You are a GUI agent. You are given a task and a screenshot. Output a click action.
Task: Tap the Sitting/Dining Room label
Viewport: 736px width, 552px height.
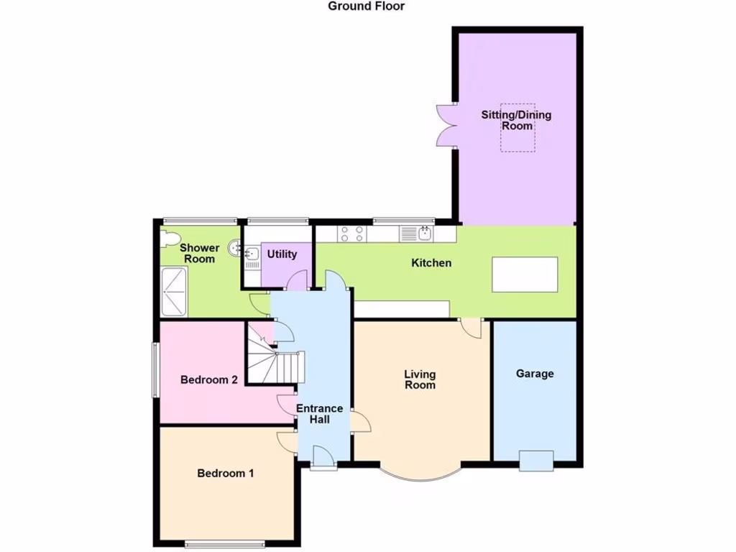coord(517,120)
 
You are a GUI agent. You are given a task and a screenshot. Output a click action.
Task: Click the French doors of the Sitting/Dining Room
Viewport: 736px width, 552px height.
coord(445,125)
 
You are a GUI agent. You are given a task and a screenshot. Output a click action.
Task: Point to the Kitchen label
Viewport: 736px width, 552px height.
coord(431,263)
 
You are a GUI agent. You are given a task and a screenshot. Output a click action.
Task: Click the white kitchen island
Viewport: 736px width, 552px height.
coord(525,274)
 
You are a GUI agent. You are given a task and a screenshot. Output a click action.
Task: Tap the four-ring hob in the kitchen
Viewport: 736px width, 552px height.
coord(351,234)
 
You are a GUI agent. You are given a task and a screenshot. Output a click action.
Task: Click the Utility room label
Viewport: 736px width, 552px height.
coord(282,254)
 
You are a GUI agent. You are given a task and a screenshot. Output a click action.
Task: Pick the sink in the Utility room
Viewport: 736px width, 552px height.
coord(252,254)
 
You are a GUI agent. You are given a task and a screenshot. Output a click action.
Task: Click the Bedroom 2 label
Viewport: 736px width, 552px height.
coord(208,380)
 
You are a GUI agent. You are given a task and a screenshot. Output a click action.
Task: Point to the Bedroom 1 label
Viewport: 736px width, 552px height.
coord(226,474)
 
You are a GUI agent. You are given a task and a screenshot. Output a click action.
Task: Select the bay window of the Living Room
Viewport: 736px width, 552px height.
coord(420,475)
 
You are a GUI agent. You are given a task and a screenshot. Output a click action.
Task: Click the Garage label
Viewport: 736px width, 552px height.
coord(535,374)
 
